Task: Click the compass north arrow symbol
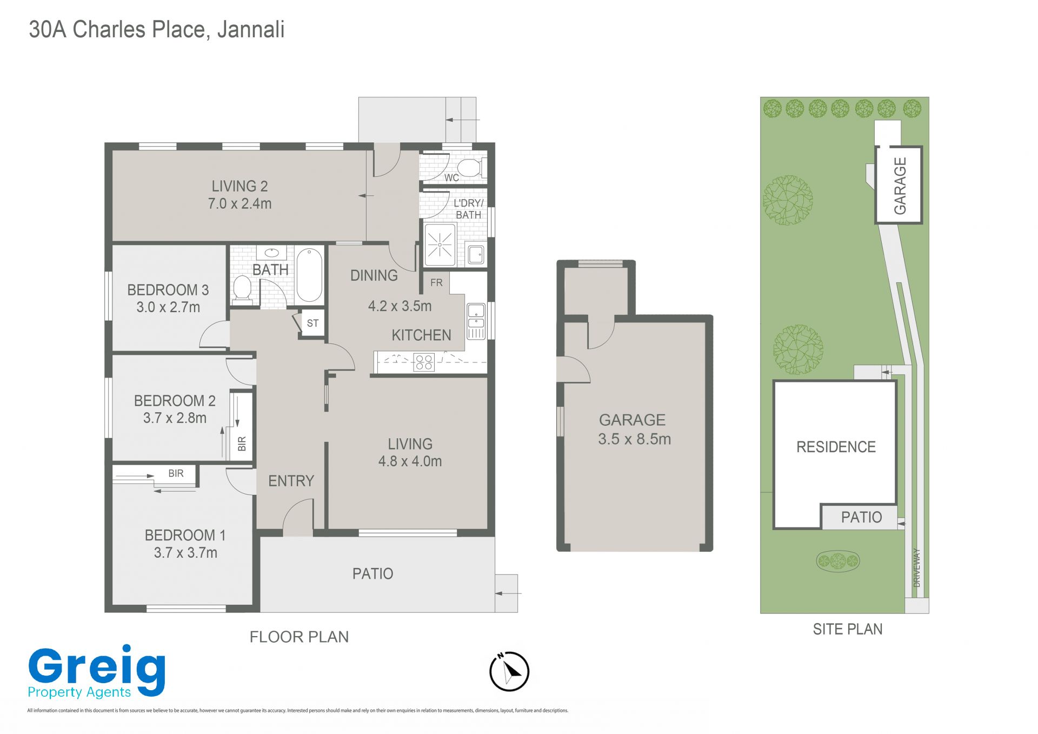pyautogui.click(x=509, y=672)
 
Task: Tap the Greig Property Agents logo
pyautogui.click(x=97, y=672)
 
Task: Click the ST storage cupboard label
pyautogui.click(x=312, y=323)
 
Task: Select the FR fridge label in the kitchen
pyautogui.click(x=436, y=282)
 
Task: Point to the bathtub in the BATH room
pyautogui.click(x=309, y=275)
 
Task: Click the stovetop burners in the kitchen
pyautogui.click(x=424, y=362)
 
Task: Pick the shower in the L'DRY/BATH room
pyautogui.click(x=440, y=246)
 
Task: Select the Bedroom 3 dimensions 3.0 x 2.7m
pyautogui.click(x=168, y=307)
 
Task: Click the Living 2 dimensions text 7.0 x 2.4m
pyautogui.click(x=239, y=204)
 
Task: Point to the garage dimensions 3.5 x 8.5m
pyautogui.click(x=634, y=439)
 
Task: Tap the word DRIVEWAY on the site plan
pyautogui.click(x=916, y=567)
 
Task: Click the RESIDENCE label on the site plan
pyautogui.click(x=836, y=447)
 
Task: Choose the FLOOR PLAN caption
pyautogui.click(x=299, y=637)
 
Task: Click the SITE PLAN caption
pyautogui.click(x=848, y=629)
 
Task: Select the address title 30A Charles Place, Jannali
pyautogui.click(x=157, y=30)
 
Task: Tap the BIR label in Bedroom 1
pyautogui.click(x=176, y=473)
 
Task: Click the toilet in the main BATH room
pyautogui.click(x=242, y=288)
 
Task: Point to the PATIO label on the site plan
pyautogui.click(x=861, y=518)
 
